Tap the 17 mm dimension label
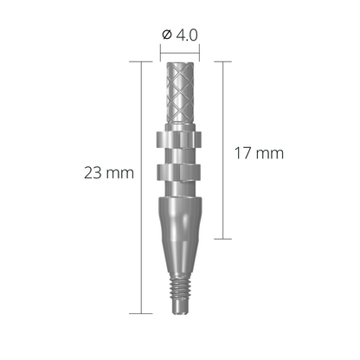[260, 153]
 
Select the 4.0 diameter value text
[188, 35]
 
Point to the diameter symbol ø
[167, 35]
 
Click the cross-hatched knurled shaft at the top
[180, 95]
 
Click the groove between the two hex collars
[180, 157]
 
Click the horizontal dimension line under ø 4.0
[180, 50]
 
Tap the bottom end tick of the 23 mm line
[140, 312]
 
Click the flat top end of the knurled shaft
[180, 63]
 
